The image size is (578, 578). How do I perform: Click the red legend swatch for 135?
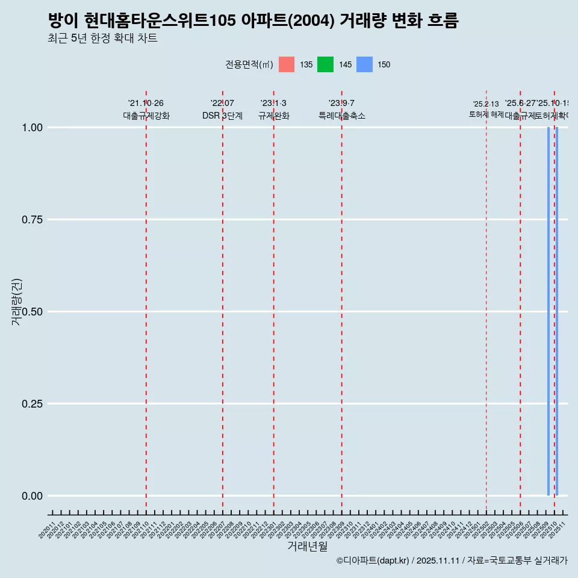pyautogui.click(x=287, y=64)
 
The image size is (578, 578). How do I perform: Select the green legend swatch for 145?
pyautogui.click(x=325, y=64)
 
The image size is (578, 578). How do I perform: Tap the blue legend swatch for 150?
pyautogui.click(x=364, y=64)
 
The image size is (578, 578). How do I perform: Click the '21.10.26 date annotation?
pyautogui.click(x=146, y=104)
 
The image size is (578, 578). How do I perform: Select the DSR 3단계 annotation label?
pyautogui.click(x=222, y=116)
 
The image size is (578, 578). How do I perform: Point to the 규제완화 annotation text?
pyautogui.click(x=274, y=116)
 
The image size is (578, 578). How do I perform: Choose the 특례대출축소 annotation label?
pyautogui.click(x=342, y=116)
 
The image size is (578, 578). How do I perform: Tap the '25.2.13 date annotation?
pyautogui.click(x=486, y=104)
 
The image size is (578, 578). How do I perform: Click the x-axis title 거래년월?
pyautogui.click(x=308, y=547)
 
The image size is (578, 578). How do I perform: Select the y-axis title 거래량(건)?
pyautogui.click(x=17, y=302)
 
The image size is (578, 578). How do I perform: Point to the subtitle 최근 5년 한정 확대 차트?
pyautogui.click(x=102, y=39)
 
